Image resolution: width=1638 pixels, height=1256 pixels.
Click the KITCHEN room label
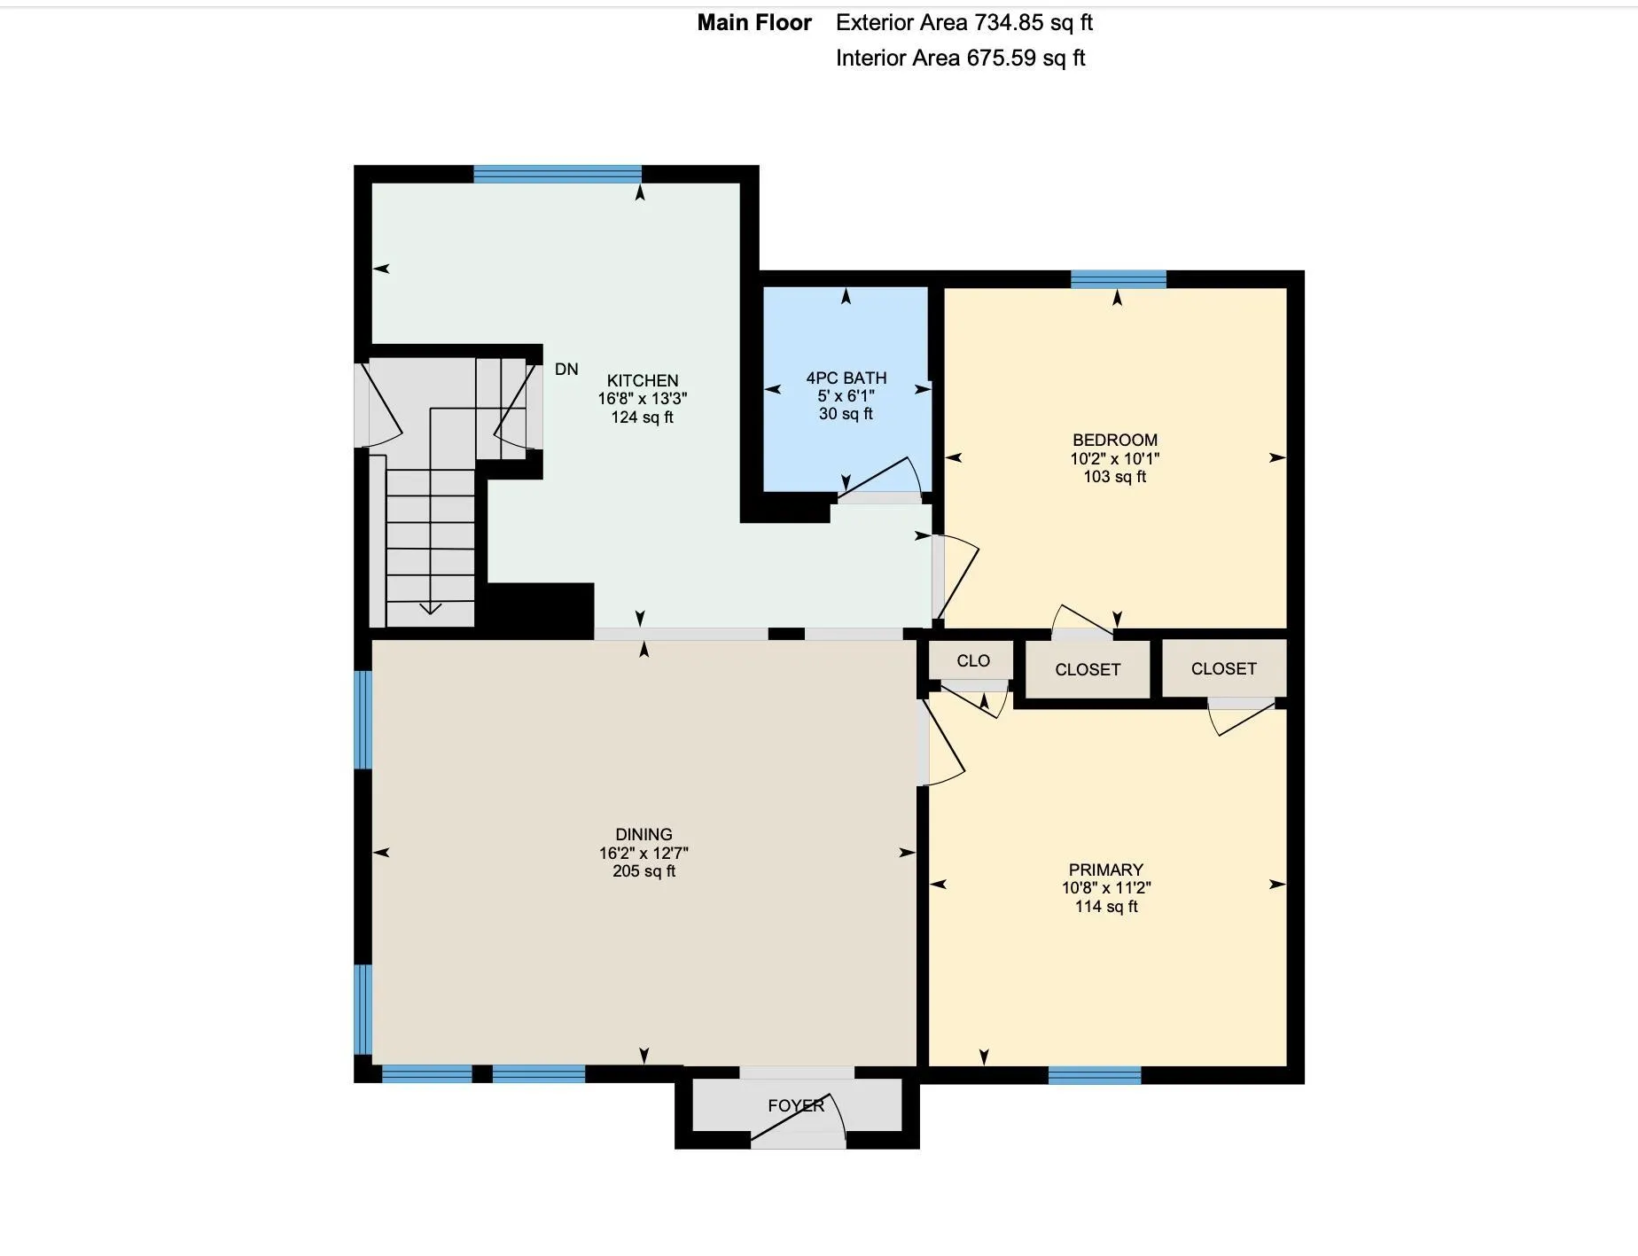(x=643, y=380)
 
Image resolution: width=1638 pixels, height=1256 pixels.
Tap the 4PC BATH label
(x=846, y=378)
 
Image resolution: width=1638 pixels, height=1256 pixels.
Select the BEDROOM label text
(x=1115, y=440)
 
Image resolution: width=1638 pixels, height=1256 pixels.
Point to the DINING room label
(x=644, y=834)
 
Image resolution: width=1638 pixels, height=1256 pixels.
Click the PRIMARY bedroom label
(x=1106, y=870)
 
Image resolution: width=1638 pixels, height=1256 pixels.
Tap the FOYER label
(x=796, y=1105)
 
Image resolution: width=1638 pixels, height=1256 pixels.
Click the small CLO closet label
(x=973, y=660)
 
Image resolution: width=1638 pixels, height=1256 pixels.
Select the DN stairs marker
(x=566, y=369)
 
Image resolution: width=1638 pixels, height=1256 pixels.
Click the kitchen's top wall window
(x=558, y=174)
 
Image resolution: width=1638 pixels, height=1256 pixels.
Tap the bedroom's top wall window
(x=1119, y=279)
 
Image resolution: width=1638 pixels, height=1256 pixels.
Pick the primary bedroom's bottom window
(x=1095, y=1075)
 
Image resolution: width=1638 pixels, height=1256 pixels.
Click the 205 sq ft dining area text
(x=644, y=871)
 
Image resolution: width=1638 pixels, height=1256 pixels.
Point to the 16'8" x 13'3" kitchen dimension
(x=643, y=399)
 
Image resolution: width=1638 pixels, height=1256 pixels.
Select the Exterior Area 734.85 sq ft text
(x=964, y=23)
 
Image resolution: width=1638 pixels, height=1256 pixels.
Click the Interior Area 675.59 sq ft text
(x=961, y=59)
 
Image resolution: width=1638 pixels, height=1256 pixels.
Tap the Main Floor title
(x=754, y=23)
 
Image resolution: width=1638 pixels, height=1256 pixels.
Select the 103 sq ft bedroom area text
(x=1115, y=477)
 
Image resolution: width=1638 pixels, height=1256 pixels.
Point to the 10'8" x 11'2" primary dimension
(x=1106, y=888)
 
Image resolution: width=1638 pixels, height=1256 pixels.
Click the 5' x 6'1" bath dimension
(x=846, y=396)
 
